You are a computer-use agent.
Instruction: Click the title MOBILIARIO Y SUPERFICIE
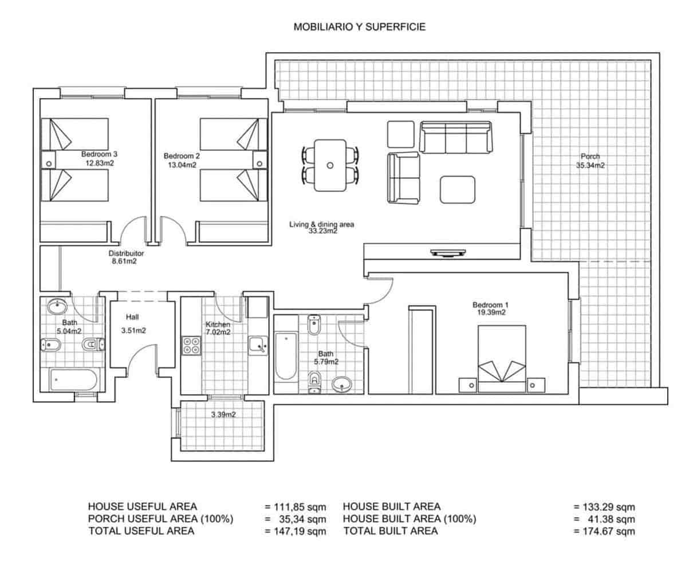pos(359,26)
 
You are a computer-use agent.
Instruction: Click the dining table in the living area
pos(330,165)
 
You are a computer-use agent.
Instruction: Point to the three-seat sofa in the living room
pos(456,138)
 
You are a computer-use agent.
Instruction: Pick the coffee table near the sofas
pos(457,189)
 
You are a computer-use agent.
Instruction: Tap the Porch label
pos(590,156)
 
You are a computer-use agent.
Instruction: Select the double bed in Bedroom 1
pos(502,359)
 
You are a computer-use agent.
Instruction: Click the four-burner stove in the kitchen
pos(191,346)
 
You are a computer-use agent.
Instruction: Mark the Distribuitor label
pos(126,253)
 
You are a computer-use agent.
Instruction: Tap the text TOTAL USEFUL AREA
pos(141,531)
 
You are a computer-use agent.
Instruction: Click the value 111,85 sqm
pos(296,507)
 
